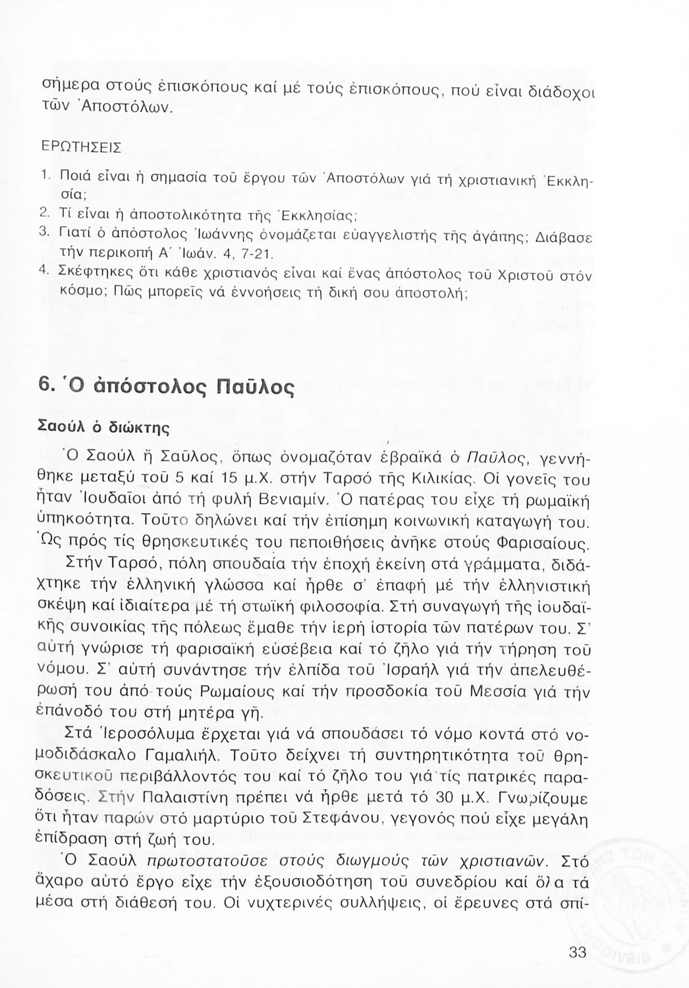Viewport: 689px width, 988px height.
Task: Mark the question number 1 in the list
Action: click(x=41, y=175)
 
